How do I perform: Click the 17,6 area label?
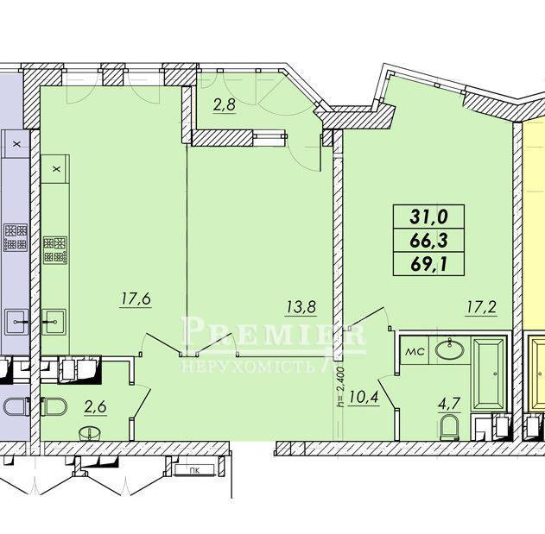coord(136,299)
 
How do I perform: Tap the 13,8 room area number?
coord(301,307)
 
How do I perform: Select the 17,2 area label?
coord(481,307)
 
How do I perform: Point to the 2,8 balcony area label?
coord(225,104)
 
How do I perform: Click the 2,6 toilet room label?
coord(95,406)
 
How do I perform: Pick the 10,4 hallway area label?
coord(363,397)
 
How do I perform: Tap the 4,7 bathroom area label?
coord(449,405)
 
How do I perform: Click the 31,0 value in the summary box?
coord(429,217)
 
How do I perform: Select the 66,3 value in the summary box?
coord(429,241)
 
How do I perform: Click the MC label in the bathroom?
coord(415,352)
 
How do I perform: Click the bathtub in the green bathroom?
coord(490,374)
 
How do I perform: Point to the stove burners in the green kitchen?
coord(55,249)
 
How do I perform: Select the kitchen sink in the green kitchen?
coord(54,322)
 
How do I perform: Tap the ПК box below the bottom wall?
coord(194,471)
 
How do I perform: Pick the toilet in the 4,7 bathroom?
coord(449,427)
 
